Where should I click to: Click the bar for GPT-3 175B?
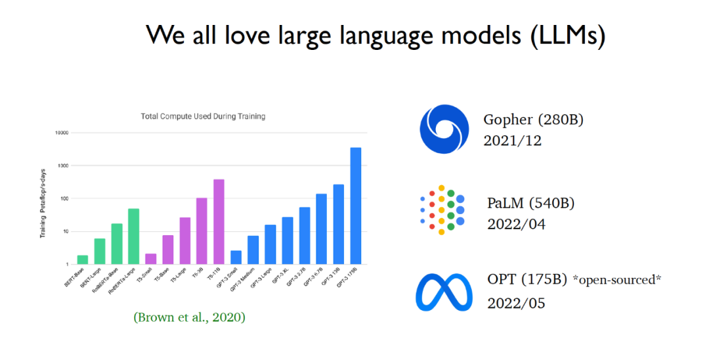tap(356, 206)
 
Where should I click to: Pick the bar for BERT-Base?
tap(83, 259)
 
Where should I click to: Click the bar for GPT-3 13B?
tap(339, 224)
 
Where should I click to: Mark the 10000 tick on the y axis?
tap(61, 133)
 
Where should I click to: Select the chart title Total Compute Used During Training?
tap(203, 116)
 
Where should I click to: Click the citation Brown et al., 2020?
tap(189, 317)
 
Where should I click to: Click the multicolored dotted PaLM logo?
tap(442, 210)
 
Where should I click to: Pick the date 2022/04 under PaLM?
tap(516, 224)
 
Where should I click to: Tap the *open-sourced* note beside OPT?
tap(617, 281)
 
